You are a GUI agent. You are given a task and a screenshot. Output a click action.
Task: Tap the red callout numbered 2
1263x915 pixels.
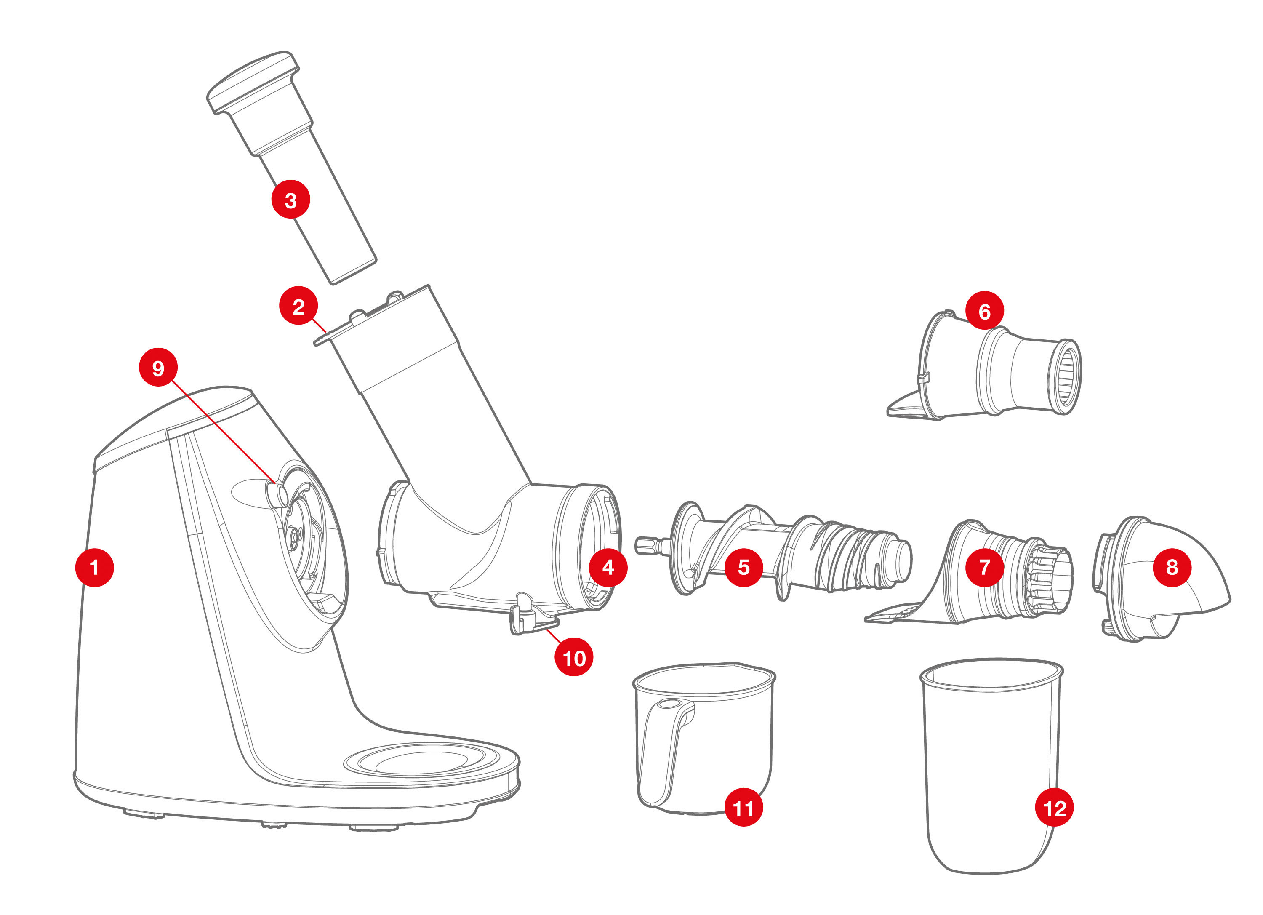pyautogui.click(x=298, y=306)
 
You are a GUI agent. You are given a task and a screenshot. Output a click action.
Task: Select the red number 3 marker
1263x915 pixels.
pyautogui.click(x=290, y=199)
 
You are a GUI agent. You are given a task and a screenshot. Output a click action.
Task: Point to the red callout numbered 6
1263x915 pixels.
pyautogui.click(x=985, y=310)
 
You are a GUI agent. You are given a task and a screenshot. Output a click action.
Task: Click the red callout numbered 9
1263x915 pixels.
pyautogui.click(x=158, y=367)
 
